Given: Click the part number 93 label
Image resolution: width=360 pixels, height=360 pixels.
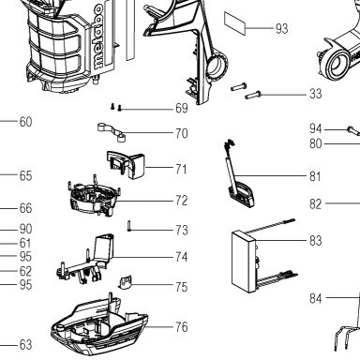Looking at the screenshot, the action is tap(281, 28).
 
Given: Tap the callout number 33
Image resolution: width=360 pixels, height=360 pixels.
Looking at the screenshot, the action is tap(315, 94).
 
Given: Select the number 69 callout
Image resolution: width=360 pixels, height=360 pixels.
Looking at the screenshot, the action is tap(182, 109).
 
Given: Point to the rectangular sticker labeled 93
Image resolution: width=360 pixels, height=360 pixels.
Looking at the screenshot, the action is tap(234, 22).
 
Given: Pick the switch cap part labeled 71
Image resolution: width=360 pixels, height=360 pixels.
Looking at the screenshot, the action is tap(126, 164).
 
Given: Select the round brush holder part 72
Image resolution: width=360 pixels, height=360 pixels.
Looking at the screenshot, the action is tap(95, 197).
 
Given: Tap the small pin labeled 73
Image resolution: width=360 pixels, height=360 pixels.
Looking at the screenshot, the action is tap(128, 226).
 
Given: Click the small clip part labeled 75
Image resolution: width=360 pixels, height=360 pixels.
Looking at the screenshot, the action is tap(125, 282).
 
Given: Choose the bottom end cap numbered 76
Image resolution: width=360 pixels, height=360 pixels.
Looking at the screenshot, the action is tap(99, 326).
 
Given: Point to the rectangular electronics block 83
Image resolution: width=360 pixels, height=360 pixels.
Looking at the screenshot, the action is tap(245, 262).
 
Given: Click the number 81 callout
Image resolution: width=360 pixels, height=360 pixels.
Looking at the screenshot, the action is tap(315, 176).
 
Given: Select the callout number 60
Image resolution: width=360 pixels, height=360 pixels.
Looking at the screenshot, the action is tap(25, 122).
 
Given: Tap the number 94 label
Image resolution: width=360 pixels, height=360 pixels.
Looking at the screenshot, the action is tap(316, 128).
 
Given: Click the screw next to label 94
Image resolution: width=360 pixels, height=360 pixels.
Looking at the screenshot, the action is tap(353, 130).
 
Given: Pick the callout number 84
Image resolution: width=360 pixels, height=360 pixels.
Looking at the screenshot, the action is tap(316, 298).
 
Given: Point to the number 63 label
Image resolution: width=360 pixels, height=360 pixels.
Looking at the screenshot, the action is tap(25, 345).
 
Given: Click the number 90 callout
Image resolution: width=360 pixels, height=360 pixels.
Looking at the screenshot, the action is tap(25, 229).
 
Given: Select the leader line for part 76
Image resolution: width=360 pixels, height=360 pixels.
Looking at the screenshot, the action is tap(159, 327).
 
